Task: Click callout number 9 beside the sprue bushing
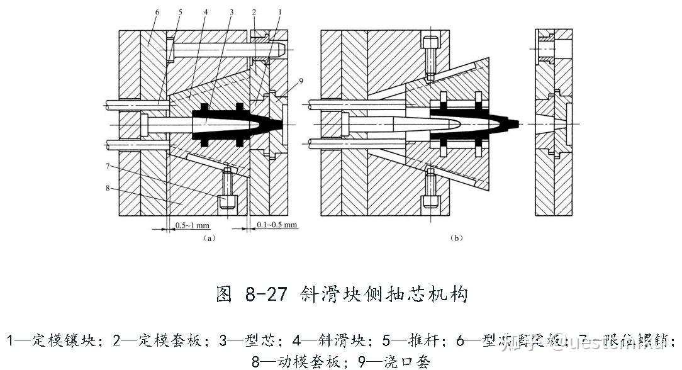301,81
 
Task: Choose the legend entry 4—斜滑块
321,342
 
